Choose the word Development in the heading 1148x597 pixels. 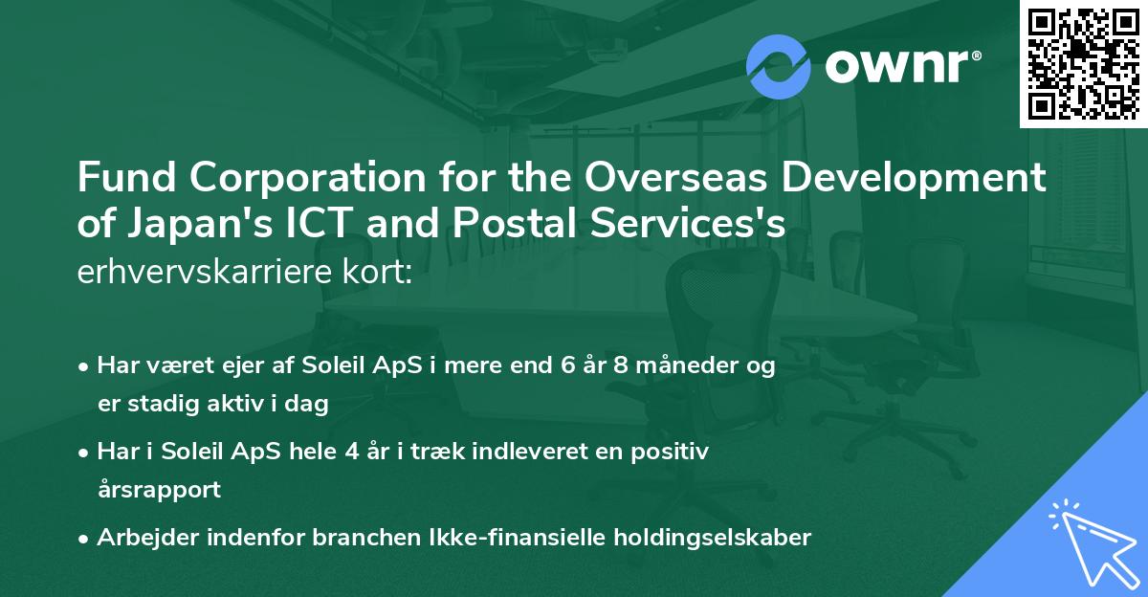coord(930,179)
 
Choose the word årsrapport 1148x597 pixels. coord(159,490)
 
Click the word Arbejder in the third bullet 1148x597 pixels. coord(142,538)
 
